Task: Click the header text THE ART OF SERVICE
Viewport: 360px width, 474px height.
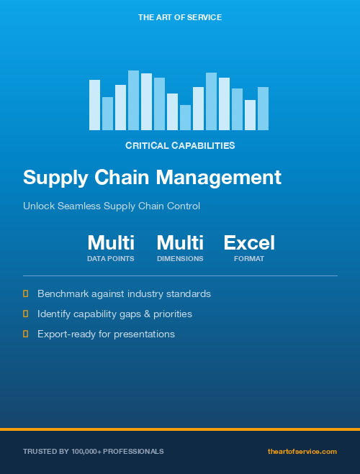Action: click(x=180, y=17)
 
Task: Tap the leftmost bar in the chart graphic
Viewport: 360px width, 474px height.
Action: click(x=94, y=105)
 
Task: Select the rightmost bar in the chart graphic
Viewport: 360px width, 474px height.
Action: click(x=263, y=109)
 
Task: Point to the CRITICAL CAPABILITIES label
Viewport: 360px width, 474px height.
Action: click(x=180, y=145)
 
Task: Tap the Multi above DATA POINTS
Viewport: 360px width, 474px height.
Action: click(x=111, y=243)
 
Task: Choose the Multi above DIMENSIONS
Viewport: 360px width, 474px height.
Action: click(x=180, y=243)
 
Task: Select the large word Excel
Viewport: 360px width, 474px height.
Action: click(x=249, y=243)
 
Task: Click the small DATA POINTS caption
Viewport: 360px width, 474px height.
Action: click(x=111, y=258)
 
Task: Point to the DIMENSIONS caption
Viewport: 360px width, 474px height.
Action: click(x=180, y=258)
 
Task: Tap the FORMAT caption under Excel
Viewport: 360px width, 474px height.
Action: click(x=249, y=258)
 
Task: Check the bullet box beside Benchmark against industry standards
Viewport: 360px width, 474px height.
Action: click(x=26, y=294)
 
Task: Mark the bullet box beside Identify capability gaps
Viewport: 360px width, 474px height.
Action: click(x=26, y=314)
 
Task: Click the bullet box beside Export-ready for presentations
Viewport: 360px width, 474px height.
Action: click(x=26, y=334)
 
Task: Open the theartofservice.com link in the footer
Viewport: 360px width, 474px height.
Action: click(x=302, y=452)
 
